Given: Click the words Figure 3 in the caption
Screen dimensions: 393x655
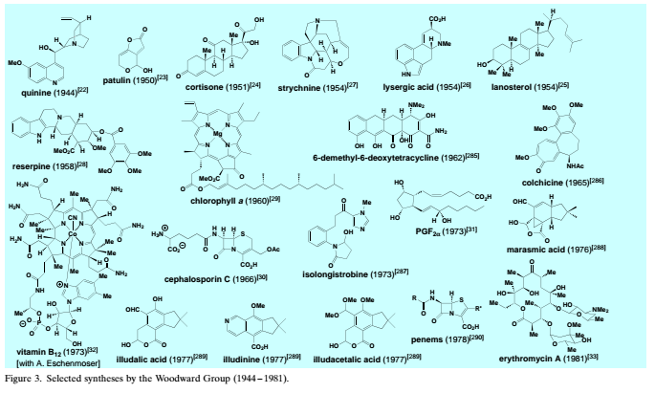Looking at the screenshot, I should (26, 380).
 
